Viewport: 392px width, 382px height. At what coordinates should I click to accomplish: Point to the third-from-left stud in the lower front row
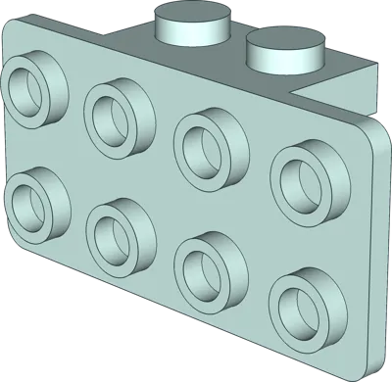pyautogui.click(x=208, y=263)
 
